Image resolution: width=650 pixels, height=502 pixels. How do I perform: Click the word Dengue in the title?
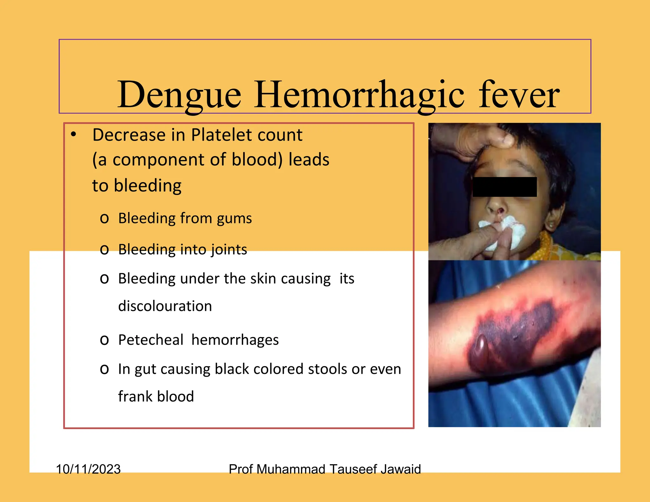[x=179, y=95]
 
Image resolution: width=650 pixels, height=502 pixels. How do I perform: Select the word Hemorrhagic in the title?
[x=359, y=95]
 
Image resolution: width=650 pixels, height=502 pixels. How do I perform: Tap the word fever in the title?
[x=519, y=95]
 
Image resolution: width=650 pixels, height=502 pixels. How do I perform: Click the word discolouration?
[x=165, y=306]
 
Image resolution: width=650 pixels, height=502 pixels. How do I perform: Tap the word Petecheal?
[x=151, y=340]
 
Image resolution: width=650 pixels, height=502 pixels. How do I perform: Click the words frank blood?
[x=156, y=397]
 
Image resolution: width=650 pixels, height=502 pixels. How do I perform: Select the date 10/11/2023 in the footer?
[x=88, y=469]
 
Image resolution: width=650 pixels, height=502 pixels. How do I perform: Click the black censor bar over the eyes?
[x=505, y=187]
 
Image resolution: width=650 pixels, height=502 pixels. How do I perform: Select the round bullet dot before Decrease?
[x=74, y=135]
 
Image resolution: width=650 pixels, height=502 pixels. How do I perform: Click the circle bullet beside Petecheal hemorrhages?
[x=104, y=340]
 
